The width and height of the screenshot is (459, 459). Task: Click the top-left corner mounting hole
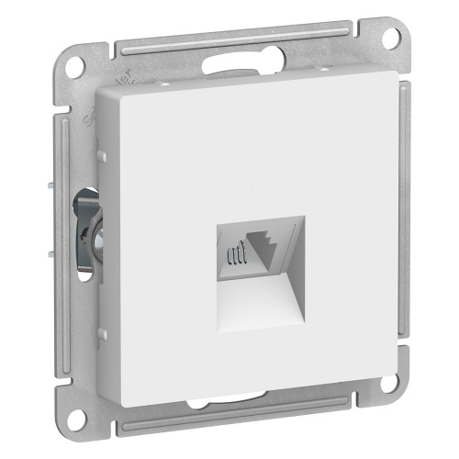(x=76, y=67)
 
